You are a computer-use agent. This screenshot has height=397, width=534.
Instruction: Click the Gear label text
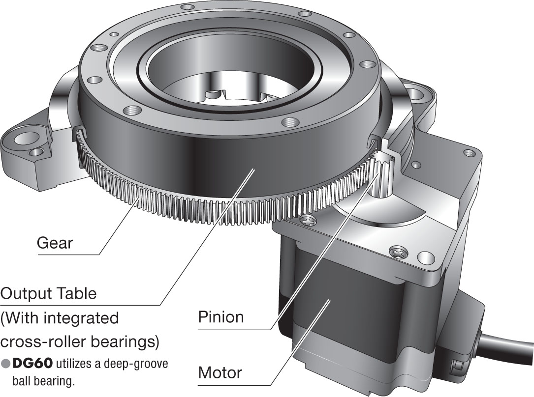55,243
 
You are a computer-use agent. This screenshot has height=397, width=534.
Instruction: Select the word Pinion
221,317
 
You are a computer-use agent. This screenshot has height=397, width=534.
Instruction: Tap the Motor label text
220,372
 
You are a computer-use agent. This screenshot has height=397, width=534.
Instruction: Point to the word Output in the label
26,294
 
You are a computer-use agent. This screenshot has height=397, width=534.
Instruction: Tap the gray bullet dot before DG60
5,364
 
